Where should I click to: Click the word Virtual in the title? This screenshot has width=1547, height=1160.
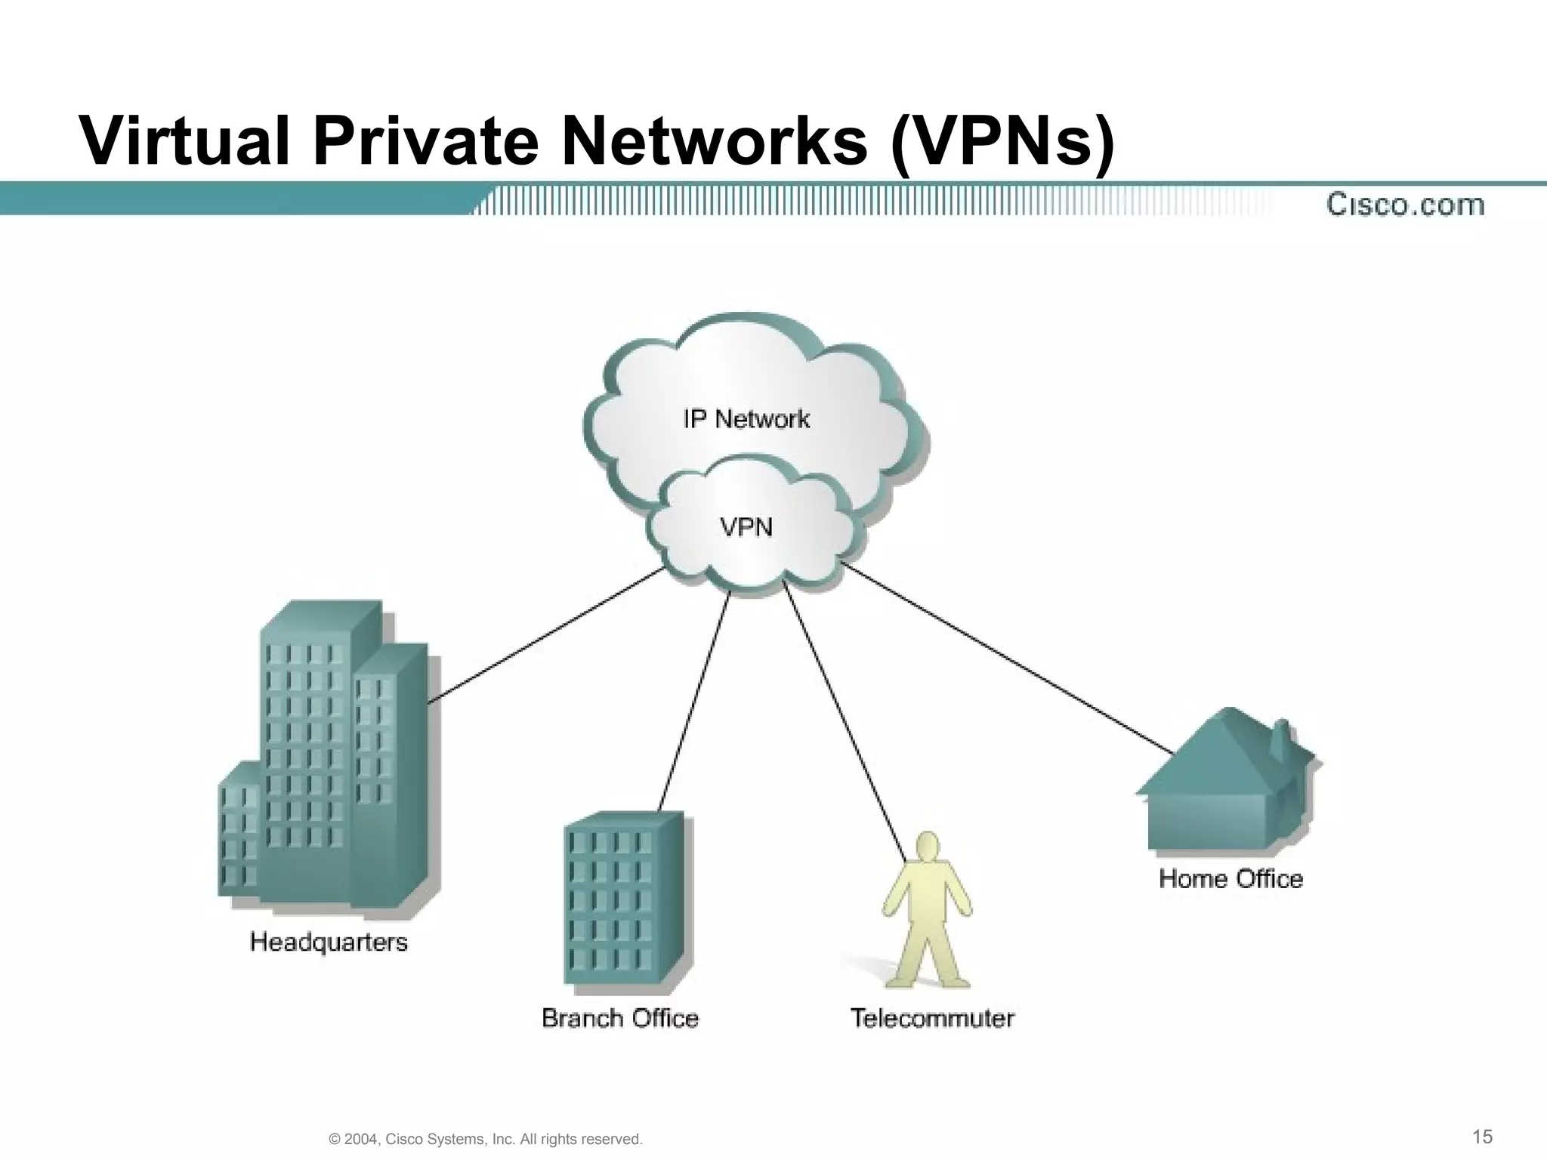coord(185,141)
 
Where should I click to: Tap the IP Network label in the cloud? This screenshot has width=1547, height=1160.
coord(746,418)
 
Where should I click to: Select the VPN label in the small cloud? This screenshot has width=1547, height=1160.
coord(746,526)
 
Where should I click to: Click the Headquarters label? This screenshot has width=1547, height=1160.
coord(329,942)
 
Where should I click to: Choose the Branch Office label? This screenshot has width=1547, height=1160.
coord(620,1018)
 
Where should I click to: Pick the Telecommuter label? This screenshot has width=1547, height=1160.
coord(932,1018)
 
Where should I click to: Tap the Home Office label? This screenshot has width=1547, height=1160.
coord(1230,878)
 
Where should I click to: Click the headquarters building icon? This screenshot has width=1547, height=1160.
coord(325,755)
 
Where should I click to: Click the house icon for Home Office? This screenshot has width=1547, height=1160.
coord(1227,785)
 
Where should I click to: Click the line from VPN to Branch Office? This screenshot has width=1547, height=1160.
coord(695,699)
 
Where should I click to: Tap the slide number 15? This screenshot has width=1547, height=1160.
coord(1483,1137)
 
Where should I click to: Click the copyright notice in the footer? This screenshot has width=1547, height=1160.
coord(486,1139)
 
